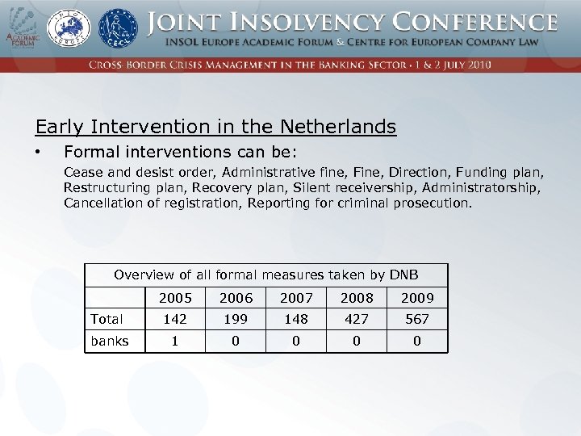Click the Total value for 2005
(x=176, y=319)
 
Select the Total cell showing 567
(x=417, y=319)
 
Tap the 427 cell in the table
(x=357, y=319)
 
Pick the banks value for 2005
(x=176, y=341)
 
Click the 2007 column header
(x=296, y=298)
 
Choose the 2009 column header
(x=417, y=298)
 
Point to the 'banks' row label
(x=110, y=341)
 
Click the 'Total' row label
(x=107, y=319)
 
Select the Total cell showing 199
(x=236, y=319)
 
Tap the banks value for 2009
(x=417, y=341)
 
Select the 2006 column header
(x=236, y=298)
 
